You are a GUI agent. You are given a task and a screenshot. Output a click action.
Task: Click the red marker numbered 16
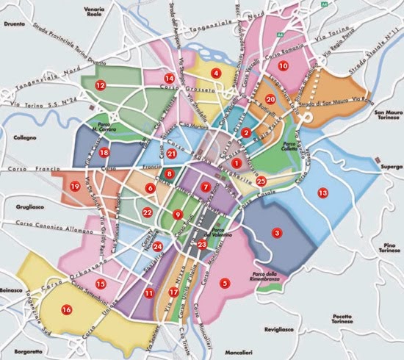[67, 309]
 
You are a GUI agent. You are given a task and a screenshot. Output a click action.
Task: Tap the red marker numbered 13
[322, 192]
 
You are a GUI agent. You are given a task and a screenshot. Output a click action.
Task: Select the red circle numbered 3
[277, 233]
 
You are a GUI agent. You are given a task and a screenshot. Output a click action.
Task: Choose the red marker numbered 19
[74, 187]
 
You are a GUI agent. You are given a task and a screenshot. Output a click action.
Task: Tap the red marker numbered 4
[216, 73]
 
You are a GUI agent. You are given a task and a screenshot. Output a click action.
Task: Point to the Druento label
[14, 21]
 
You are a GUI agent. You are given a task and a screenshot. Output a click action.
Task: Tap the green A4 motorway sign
[279, 34]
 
